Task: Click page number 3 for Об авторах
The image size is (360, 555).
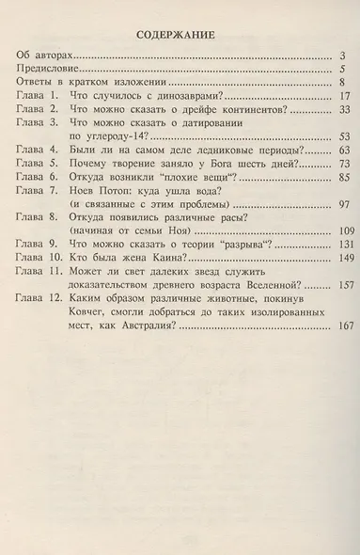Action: tap(344, 57)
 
